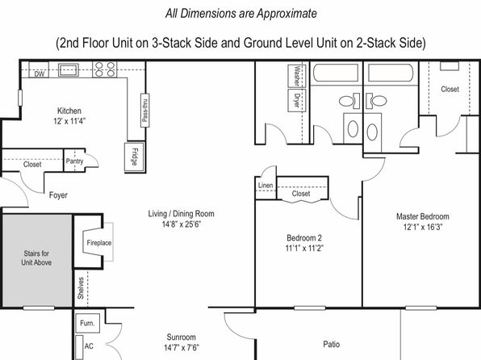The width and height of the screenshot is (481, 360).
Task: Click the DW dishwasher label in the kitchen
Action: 40,74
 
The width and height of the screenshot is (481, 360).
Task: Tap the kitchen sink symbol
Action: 69,70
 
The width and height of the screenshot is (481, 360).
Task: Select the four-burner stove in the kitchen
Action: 105,69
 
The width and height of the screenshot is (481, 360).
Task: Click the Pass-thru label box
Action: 144,110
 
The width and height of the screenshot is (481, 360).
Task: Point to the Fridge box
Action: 134,157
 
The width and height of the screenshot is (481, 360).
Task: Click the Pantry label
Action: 74,161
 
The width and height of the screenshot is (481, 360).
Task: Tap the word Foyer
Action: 58,195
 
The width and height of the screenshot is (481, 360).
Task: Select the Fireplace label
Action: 98,243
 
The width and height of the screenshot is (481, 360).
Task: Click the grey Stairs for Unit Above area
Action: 37,260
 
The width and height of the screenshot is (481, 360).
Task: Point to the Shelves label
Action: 81,288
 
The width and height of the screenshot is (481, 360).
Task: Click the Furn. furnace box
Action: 87,323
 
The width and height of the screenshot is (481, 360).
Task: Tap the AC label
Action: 89,346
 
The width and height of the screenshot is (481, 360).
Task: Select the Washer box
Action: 297,76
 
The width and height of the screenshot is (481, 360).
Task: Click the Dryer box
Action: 297,100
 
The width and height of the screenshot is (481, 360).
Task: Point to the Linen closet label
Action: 266,186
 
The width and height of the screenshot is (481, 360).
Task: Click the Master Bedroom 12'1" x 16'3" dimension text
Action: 423,227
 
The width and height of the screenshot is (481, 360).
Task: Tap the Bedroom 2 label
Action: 304,238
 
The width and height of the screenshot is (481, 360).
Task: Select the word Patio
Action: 332,344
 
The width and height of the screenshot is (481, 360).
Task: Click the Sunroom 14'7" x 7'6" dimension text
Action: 182,348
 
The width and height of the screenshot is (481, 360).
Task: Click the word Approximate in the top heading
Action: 287,14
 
